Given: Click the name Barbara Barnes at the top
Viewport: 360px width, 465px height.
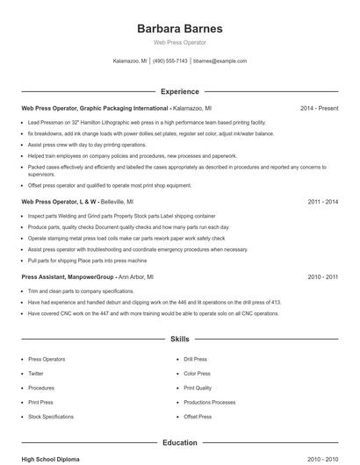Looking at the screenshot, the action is pos(179,28).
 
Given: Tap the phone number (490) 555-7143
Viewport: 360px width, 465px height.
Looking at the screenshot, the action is pos(169,61).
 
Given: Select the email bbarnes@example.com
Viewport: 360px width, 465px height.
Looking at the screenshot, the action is pos(220,61).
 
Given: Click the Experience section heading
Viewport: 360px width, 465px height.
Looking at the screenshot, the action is pos(179,91).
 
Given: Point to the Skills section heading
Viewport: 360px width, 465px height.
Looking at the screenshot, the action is pos(179,338).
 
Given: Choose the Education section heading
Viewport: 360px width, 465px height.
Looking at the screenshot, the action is pos(179,443).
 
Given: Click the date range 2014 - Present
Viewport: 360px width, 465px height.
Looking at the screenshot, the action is pos(319,108).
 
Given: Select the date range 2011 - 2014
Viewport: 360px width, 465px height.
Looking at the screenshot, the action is pos(322,201).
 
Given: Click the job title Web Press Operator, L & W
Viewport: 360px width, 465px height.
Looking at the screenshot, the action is pos(59,201).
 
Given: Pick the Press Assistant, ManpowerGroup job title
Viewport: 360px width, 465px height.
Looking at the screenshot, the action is pos(68,276).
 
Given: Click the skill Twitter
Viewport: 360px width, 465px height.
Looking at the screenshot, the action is pos(36,373).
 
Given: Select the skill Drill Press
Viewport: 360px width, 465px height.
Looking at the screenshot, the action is pos(195,359).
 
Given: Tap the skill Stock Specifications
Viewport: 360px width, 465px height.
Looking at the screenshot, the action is pos(51,416).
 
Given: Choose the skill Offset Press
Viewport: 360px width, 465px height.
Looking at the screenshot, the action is pos(198,416).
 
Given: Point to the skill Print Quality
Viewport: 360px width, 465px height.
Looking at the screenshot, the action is pos(198,387).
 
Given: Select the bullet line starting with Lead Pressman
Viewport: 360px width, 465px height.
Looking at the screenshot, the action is pos(147,122).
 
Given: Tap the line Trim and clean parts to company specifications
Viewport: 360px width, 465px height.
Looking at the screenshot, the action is pos(82,290).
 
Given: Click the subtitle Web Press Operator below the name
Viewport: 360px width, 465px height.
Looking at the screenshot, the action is pos(179,42).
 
